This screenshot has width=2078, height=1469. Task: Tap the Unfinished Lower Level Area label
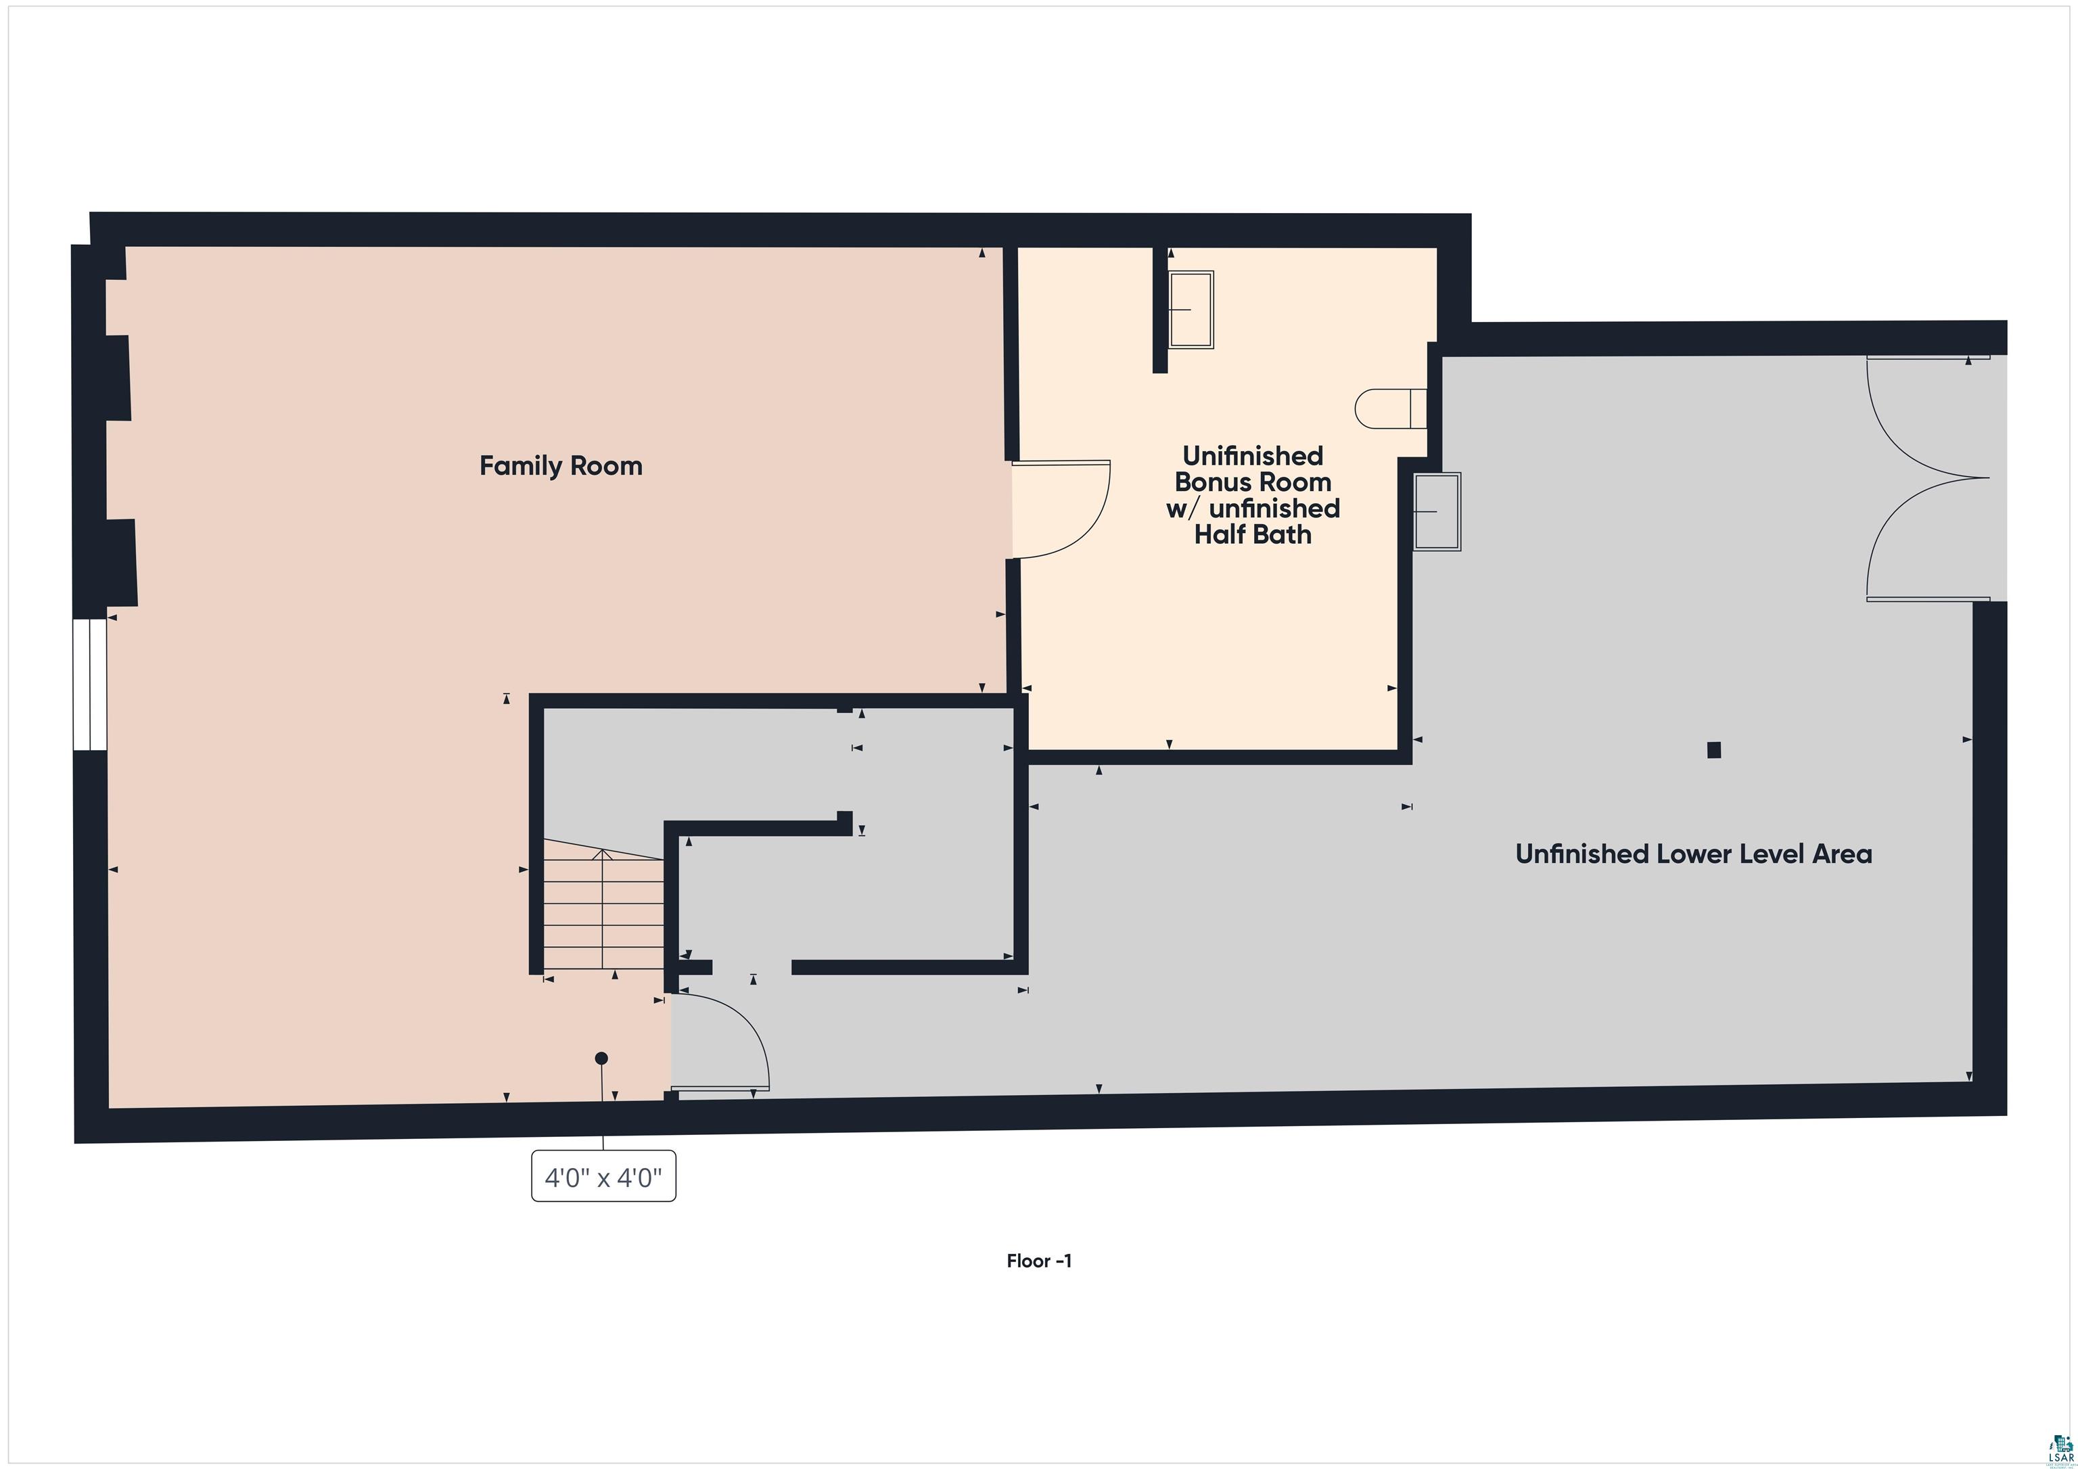[1693, 854]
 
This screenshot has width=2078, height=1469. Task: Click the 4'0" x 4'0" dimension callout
[603, 1177]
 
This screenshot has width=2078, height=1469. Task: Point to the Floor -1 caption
[1039, 1261]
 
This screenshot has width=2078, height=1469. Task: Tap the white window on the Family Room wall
[89, 684]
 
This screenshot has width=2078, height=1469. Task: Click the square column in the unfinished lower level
[1713, 749]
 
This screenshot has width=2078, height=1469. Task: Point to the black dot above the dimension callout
[601, 1058]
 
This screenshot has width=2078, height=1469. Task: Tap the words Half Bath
[1253, 535]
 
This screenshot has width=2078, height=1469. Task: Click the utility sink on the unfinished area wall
[1437, 511]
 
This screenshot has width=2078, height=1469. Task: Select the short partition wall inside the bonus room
[1159, 310]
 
